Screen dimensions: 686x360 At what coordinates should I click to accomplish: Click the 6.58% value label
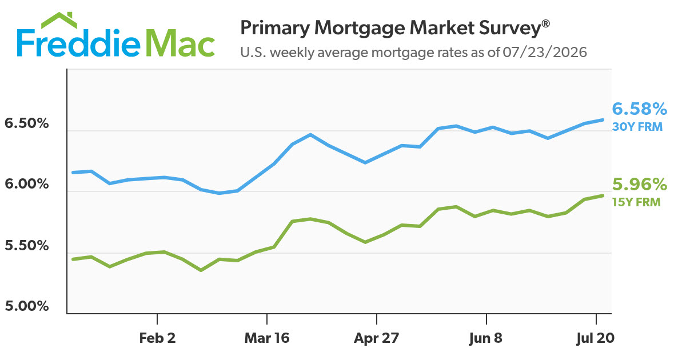pos(639,109)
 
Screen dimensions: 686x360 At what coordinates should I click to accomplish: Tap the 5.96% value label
pos(639,185)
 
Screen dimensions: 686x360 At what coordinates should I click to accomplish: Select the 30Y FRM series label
pos(637,127)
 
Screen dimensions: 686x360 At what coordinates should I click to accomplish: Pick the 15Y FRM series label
pos(636,202)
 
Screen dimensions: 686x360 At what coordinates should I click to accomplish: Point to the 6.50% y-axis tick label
pos(27,123)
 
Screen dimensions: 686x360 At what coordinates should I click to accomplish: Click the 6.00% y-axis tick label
pos(27,184)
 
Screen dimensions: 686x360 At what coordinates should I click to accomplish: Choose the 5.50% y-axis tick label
pos(27,246)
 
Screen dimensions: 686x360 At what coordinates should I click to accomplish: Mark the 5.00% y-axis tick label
pos(27,306)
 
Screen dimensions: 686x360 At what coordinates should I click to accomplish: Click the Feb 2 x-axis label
pos(157,338)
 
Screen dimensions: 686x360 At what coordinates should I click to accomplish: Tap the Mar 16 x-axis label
pos(267,338)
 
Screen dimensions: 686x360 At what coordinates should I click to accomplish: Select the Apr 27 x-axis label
pos(377,338)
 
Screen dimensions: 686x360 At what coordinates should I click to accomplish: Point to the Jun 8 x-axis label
pos(486,338)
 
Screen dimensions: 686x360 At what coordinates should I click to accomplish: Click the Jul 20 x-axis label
pos(595,338)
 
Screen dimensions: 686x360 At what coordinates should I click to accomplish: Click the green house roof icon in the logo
pos(59,20)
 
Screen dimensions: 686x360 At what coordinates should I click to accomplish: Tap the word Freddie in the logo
pos(78,43)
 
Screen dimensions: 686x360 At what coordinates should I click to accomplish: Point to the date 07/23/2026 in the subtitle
pos(545,53)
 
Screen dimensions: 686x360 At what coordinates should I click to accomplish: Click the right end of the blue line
pos(603,119)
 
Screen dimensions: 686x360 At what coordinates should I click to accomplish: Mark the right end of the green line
pos(603,195)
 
